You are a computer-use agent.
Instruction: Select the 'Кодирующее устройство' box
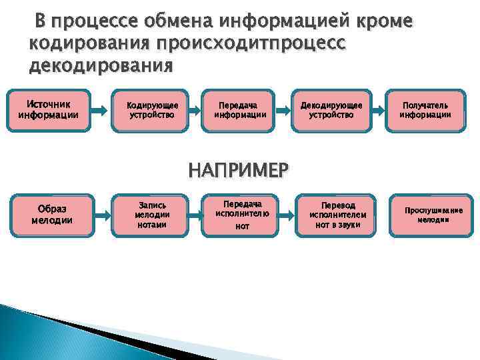[151, 110]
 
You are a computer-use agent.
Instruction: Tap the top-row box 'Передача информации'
[240, 110]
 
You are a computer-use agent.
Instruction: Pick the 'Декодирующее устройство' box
[331, 110]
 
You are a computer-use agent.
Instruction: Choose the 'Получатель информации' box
[425, 110]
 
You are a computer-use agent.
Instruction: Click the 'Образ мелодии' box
[53, 215]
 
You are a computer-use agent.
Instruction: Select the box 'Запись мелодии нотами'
[151, 215]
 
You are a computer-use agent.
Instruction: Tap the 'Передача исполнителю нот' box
[242, 215]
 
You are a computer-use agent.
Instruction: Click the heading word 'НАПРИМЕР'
[239, 171]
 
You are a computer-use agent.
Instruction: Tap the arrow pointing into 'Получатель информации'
[380, 109]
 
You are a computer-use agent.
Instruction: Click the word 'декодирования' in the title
[101, 67]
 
